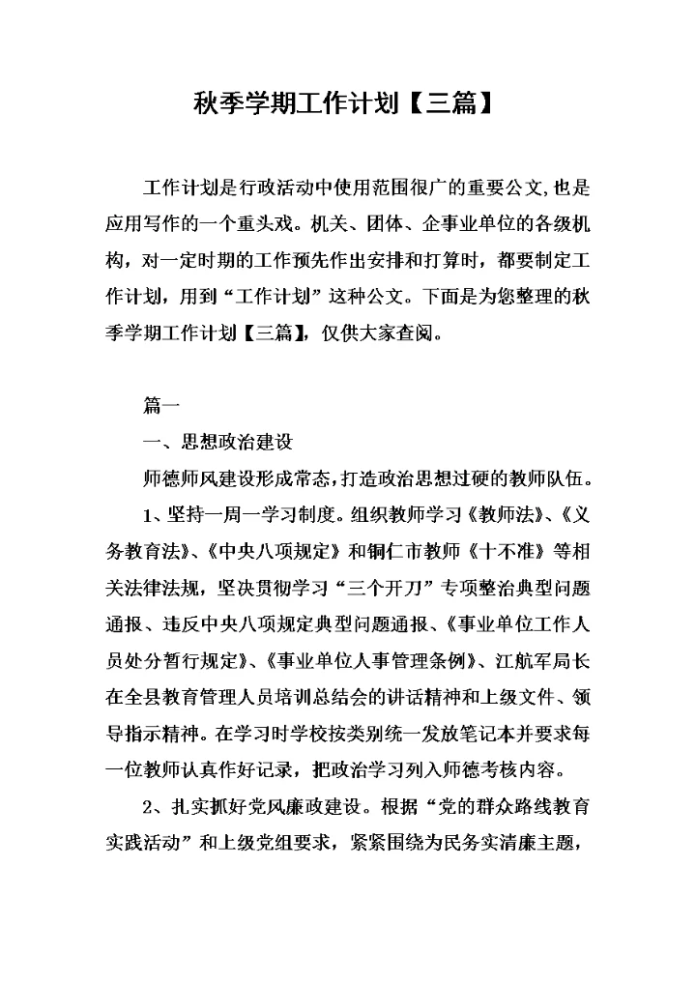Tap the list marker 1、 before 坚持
(155, 513)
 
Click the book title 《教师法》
(499, 513)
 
